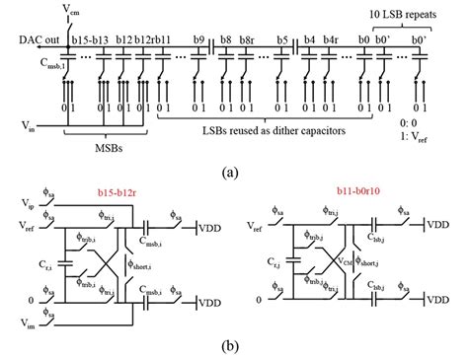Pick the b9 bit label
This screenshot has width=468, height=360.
pyautogui.click(x=199, y=38)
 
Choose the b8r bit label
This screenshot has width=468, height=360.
pyautogui.click(x=249, y=38)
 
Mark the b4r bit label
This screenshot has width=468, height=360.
pyautogui.click(x=332, y=38)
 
